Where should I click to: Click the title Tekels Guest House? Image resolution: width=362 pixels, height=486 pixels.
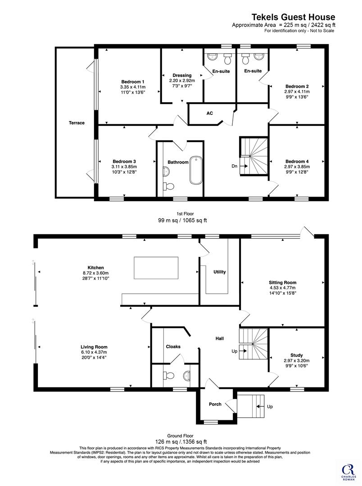point(293,17)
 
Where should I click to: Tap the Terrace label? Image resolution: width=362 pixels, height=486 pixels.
point(77,123)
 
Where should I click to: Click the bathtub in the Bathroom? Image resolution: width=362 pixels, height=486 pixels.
point(196,171)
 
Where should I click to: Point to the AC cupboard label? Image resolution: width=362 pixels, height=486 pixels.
point(210,113)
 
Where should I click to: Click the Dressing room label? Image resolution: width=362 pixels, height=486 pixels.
point(182,75)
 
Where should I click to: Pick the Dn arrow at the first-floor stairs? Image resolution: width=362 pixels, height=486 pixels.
point(244,166)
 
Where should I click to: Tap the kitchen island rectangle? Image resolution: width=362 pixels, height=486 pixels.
point(156,268)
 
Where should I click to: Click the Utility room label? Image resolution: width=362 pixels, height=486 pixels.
point(220,272)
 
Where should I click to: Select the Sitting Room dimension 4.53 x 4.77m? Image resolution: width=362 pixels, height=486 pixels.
point(282,288)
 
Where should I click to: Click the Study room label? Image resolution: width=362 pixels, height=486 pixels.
point(297,355)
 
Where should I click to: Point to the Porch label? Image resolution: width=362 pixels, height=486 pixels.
point(215,404)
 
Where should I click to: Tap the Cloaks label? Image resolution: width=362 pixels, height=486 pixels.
point(173,346)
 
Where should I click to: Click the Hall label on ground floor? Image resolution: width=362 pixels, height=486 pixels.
point(220,338)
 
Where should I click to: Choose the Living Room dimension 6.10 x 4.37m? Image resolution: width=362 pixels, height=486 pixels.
point(94,352)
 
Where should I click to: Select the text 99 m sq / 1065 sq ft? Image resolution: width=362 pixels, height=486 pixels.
point(182,220)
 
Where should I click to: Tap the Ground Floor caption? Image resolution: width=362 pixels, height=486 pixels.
point(180,436)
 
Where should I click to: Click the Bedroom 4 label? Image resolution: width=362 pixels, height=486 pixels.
point(297,162)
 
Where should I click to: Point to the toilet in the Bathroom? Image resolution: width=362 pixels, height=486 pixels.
point(169,186)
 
